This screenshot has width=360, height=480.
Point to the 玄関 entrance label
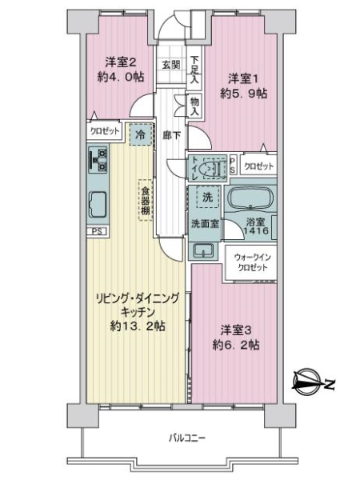click(170, 65)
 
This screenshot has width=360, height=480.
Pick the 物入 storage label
click(194, 105)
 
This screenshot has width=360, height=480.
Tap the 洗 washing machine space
click(205, 196)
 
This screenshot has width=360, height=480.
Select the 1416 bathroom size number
click(257, 231)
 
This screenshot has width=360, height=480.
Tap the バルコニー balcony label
click(188, 438)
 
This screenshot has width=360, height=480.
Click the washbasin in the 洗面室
click(202, 250)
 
